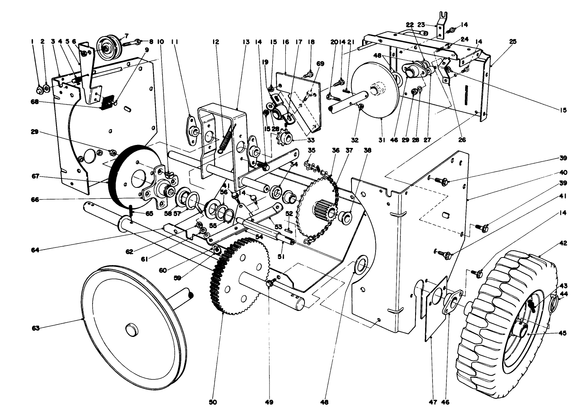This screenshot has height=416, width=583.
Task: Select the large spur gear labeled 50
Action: (x=237, y=279)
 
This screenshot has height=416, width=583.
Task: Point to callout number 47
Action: (x=432, y=402)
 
